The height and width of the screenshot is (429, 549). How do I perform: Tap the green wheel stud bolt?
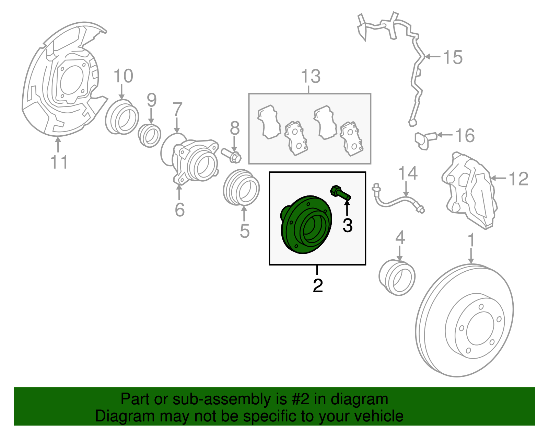coord(340,193)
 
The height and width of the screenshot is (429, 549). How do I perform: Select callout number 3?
coord(347,226)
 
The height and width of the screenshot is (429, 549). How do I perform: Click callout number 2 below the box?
coord(318,285)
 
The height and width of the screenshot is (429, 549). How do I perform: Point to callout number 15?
coord(453,57)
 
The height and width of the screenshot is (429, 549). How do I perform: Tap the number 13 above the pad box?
coord(311,76)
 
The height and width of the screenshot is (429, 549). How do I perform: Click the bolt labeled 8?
coord(231,155)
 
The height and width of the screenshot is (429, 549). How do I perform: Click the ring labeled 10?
coord(122,117)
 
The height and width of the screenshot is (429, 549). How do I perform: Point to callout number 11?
coord(59,162)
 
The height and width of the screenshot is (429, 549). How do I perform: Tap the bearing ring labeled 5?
coord(241,188)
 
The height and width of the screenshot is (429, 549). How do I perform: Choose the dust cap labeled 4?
coord(397,278)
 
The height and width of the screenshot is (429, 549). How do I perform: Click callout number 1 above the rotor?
coord(471,240)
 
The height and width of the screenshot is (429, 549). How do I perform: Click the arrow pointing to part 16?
coord(444,135)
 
